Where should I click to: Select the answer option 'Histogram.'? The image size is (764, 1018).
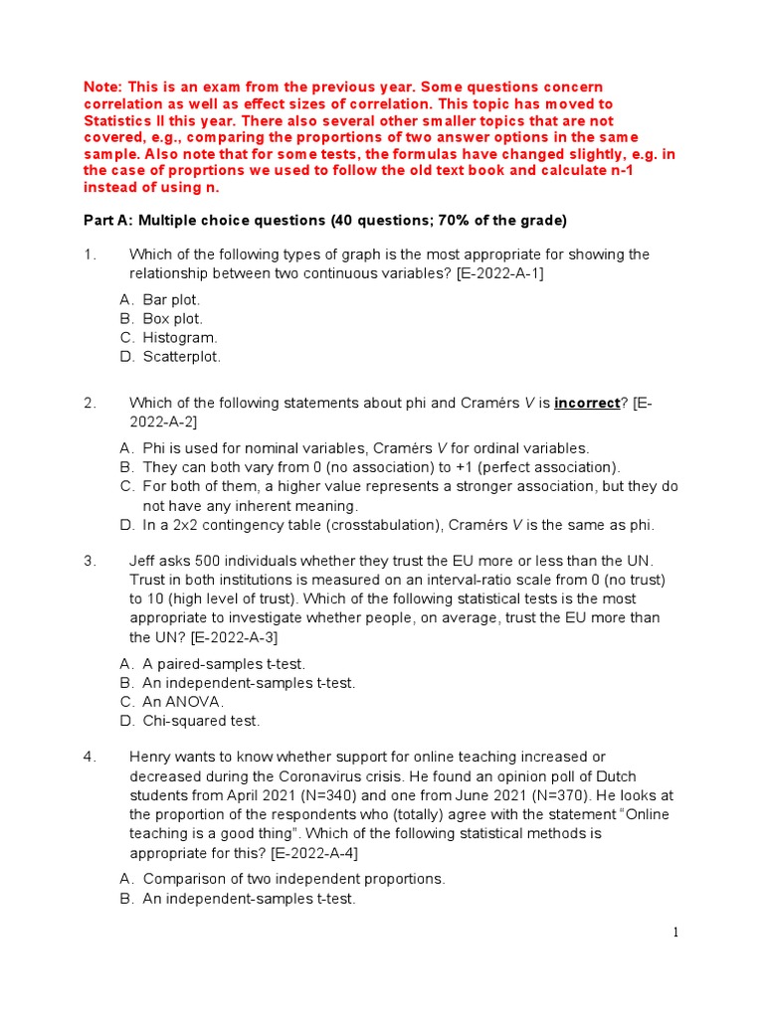[179, 338]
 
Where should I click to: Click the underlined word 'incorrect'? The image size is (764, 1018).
[587, 403]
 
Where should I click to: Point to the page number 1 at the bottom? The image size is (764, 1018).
[675, 932]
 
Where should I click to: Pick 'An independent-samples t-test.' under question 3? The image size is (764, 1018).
[249, 683]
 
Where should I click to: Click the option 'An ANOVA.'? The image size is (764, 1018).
[183, 702]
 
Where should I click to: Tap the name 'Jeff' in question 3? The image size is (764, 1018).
[144, 561]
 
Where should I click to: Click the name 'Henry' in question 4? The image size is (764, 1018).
[151, 757]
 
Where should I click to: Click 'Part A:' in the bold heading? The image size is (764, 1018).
[108, 220]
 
